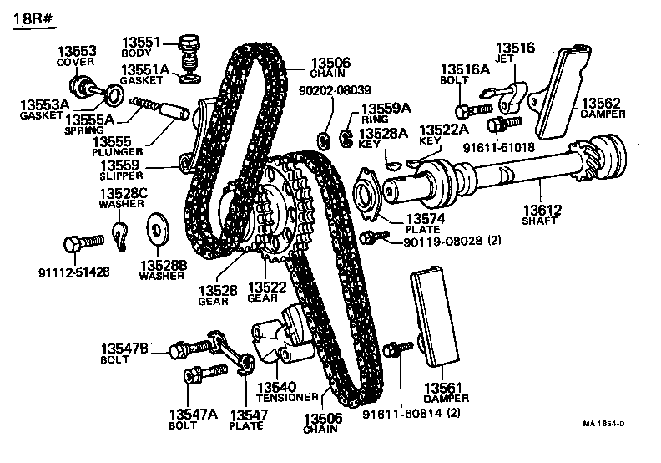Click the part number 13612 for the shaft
click(x=543, y=211)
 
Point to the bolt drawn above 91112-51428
click(x=83, y=243)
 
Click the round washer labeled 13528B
click(x=155, y=227)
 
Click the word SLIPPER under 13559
click(x=124, y=176)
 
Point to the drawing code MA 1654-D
click(x=603, y=424)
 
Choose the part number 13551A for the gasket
click(x=146, y=69)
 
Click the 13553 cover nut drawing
click(x=81, y=85)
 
